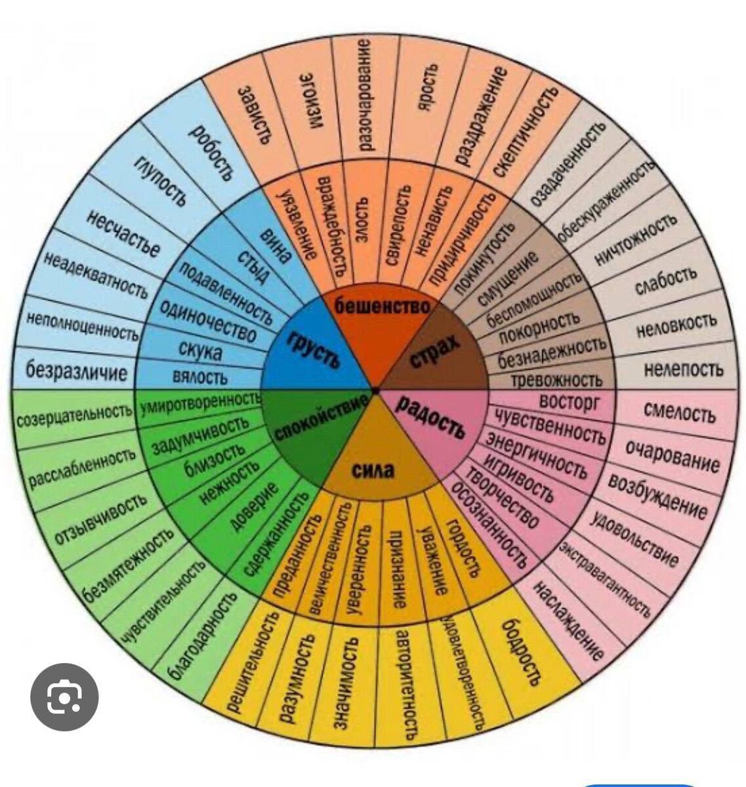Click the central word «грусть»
(313, 348)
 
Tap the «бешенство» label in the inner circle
(383, 305)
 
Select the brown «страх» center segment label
(434, 352)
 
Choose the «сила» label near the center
(373, 470)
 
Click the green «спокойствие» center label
(320, 420)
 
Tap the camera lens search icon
(64, 696)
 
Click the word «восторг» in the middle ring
(569, 401)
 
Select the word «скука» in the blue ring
(201, 352)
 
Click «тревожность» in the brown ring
(556, 380)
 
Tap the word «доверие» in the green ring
(253, 506)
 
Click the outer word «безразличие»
(76, 372)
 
